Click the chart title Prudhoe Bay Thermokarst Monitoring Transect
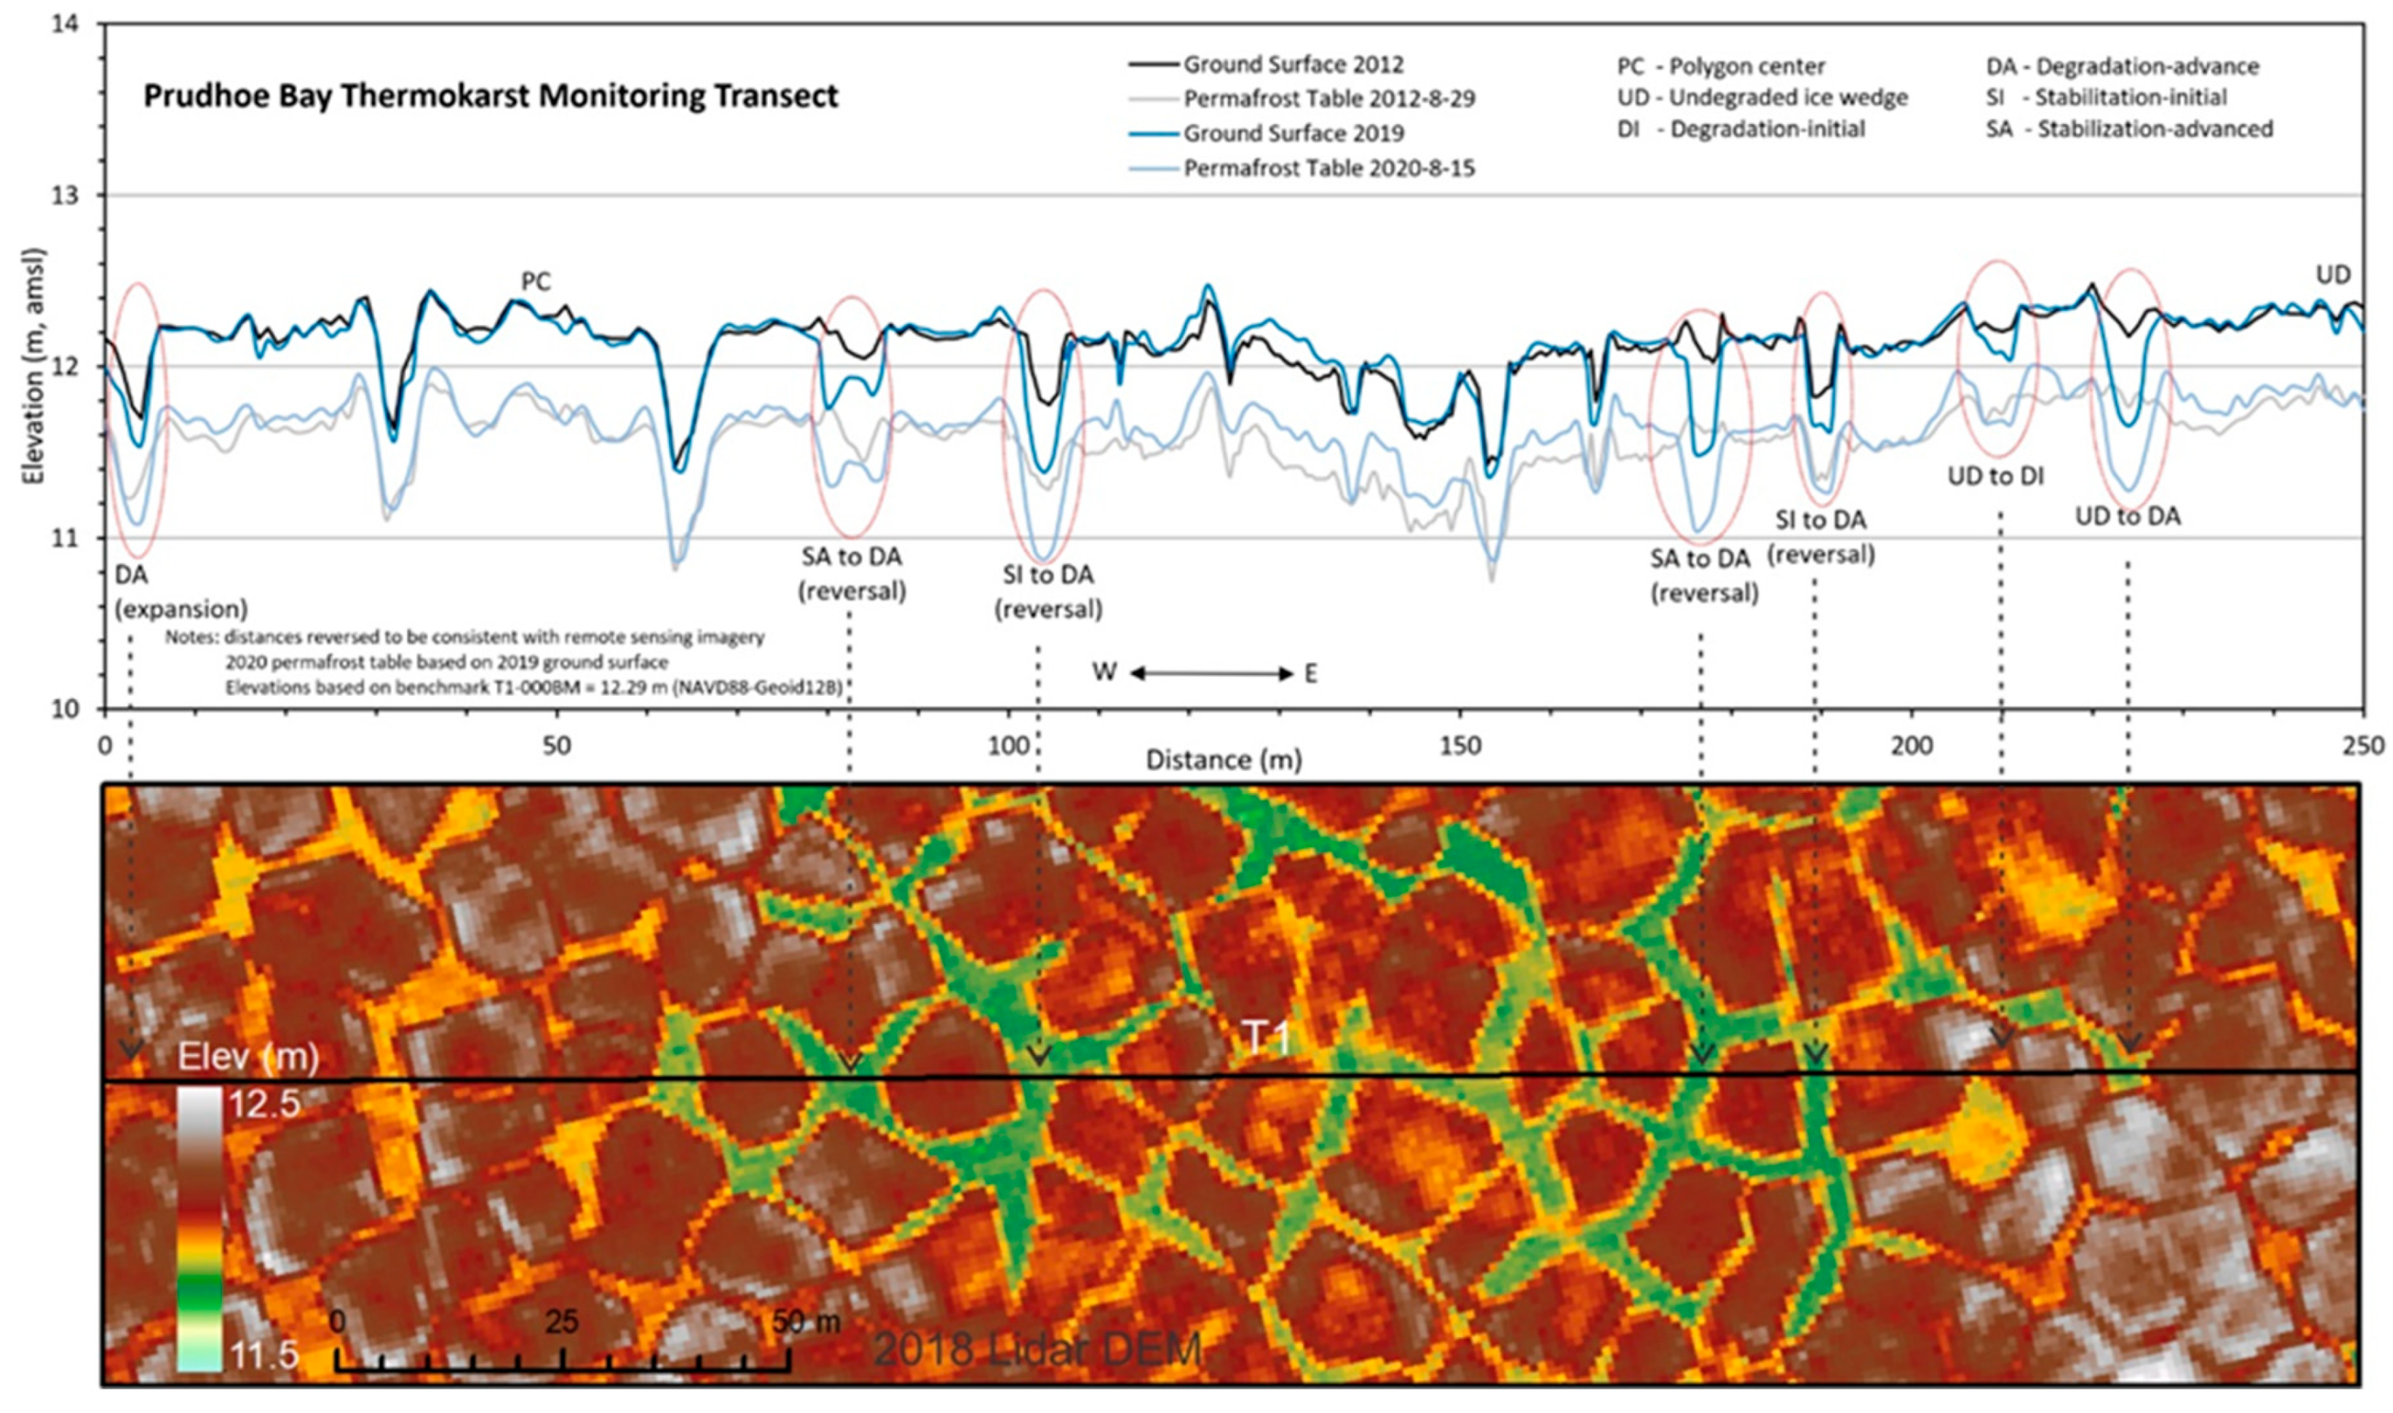click(491, 96)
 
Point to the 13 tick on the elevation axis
click(74, 195)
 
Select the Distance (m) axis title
click(1223, 760)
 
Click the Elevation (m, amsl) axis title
click(34, 366)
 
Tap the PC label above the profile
click(536, 282)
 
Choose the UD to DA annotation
click(2128, 516)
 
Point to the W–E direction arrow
click(1211, 674)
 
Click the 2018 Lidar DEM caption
click(1038, 1349)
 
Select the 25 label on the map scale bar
click(562, 1322)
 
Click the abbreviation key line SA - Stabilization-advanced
click(2129, 129)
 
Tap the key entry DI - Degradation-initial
click(1741, 129)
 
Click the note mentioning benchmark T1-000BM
click(534, 687)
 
